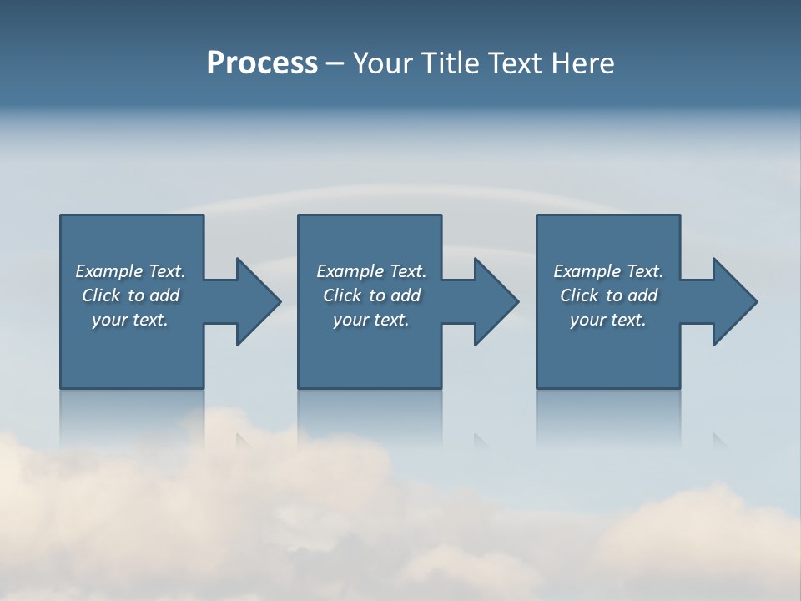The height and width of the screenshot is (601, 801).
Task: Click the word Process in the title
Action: [x=262, y=63]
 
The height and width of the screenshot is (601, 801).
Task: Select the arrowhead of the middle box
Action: [x=496, y=301]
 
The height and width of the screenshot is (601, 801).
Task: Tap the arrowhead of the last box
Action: [x=734, y=301]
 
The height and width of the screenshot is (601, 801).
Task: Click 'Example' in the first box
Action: [x=109, y=271]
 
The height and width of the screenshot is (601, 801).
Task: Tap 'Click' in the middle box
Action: [x=342, y=295]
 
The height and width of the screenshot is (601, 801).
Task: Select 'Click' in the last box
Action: [x=579, y=295]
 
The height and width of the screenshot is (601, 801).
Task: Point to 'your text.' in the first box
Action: [x=130, y=320]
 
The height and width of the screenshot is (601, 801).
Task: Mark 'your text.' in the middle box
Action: [x=371, y=320]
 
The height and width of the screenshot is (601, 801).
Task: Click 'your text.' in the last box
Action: [x=608, y=320]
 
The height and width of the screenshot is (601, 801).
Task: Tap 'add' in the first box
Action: [x=165, y=295]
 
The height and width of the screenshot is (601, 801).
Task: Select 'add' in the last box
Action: [x=643, y=295]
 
